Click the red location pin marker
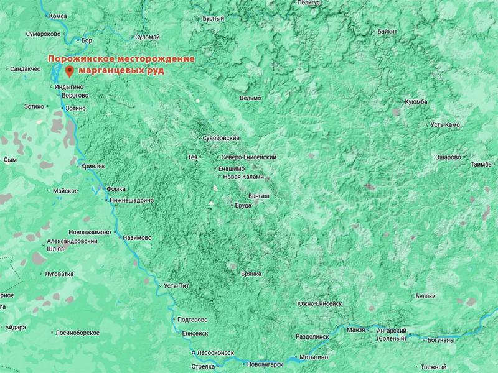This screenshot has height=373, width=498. tap(69, 71)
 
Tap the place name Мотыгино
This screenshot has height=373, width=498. tap(313, 358)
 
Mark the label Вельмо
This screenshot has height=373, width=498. tap(250, 98)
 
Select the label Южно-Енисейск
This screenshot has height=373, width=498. tap(320, 303)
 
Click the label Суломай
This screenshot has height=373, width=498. tap(148, 37)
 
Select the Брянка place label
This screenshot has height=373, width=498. tap(250, 274)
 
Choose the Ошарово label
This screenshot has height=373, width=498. tap(448, 157)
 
